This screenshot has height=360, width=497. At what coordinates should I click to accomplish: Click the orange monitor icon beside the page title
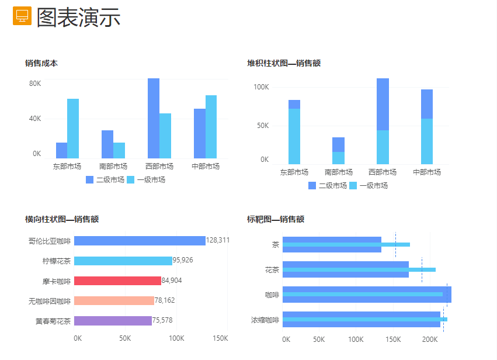[x=22, y=16]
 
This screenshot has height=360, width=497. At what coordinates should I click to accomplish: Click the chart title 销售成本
[x=41, y=63]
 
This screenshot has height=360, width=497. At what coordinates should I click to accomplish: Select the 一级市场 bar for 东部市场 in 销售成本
[x=73, y=128]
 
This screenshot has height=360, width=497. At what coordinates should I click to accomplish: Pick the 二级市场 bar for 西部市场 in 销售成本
[x=154, y=118]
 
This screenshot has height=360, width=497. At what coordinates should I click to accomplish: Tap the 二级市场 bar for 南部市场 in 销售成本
[x=107, y=144]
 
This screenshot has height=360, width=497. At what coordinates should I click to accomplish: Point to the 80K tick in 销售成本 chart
[x=35, y=84]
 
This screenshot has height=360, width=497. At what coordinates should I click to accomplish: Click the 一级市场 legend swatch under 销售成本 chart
[x=131, y=180]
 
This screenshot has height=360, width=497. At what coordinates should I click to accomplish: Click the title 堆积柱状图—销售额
[x=284, y=63]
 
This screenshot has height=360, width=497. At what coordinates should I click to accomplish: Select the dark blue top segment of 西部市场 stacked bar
[x=383, y=104]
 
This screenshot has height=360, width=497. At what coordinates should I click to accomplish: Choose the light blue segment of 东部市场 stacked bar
[x=294, y=136]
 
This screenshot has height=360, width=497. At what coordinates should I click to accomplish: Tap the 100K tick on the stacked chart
[x=260, y=87]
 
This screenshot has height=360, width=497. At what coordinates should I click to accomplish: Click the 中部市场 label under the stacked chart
[x=427, y=172]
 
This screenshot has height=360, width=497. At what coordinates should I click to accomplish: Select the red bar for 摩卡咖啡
[x=117, y=281]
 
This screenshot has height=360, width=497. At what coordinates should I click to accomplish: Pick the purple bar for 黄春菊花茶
[x=113, y=321]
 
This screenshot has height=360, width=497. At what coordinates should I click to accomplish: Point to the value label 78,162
[x=165, y=301]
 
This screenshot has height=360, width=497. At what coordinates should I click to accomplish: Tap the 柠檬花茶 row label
[x=57, y=261]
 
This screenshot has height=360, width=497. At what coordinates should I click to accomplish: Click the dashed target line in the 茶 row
[x=395, y=245]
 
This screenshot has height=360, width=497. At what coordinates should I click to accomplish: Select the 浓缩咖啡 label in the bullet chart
[x=265, y=320]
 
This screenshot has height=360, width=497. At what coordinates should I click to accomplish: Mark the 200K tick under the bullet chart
[x=430, y=339]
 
